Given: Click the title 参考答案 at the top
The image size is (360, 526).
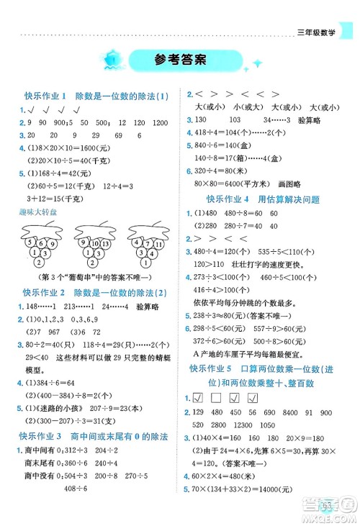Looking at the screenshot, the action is pyautogui.click(x=180, y=60).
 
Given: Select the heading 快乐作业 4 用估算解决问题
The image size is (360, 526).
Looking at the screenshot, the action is pyautogui.click(x=263, y=199).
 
